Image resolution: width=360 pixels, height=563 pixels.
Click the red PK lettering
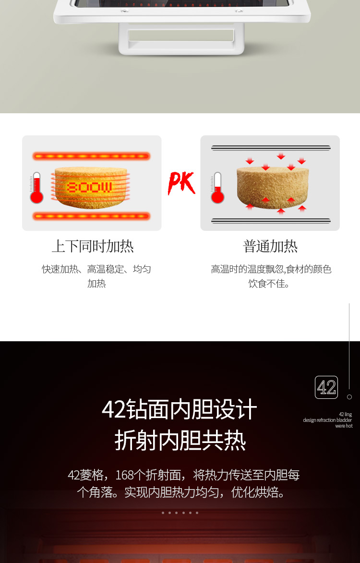tap(181, 183)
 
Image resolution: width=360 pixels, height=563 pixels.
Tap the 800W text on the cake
tap(89, 187)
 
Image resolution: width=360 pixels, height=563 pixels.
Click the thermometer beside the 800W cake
tap(36, 188)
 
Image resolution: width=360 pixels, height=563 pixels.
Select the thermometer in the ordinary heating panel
tap(217, 188)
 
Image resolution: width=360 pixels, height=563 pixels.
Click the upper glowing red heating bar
tap(91, 156)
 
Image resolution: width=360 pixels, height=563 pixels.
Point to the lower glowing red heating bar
tap(91, 216)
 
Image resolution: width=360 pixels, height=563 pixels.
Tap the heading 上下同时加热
tap(93, 246)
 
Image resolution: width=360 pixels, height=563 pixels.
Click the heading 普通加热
tap(270, 246)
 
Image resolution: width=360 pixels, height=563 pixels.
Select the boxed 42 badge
tap(326, 387)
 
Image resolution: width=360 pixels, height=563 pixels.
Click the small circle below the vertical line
tap(349, 397)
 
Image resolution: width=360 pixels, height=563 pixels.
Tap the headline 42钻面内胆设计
tap(180, 409)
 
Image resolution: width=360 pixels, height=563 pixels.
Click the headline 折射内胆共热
tap(180, 441)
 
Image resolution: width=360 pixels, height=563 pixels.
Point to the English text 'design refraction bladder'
tap(327, 420)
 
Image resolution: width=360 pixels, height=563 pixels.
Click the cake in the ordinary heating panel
tap(273, 187)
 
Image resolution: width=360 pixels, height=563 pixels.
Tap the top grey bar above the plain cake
tap(271, 148)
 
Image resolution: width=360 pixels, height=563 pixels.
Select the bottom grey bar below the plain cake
tap(271, 221)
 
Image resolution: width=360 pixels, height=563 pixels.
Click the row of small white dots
tap(180, 513)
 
